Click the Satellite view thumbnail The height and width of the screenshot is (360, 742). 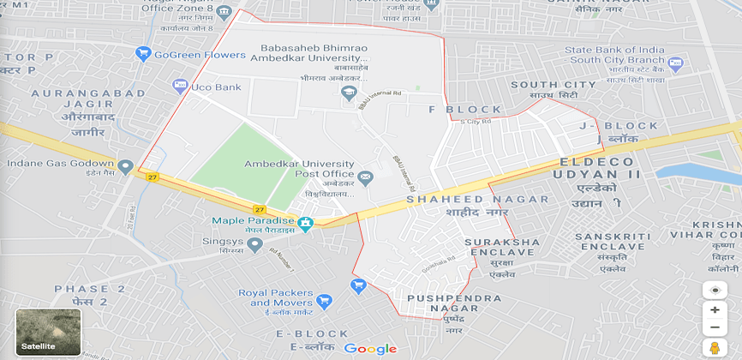[48, 333]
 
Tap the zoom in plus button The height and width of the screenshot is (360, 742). [715, 309]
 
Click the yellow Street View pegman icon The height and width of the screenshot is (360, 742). [715, 347]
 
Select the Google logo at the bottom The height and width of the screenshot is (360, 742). [371, 348]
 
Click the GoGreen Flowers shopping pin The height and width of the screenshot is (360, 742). [143, 54]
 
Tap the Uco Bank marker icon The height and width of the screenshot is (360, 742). [180, 86]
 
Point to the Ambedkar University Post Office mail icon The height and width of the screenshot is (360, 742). [366, 177]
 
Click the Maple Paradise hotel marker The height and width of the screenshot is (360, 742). [306, 223]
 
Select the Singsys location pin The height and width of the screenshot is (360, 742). [254, 245]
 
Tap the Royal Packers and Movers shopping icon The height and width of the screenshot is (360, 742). [324, 301]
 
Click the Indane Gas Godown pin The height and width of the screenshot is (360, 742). [126, 165]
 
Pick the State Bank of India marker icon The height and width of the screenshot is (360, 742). [675, 63]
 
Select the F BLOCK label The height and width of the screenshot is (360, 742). [465, 110]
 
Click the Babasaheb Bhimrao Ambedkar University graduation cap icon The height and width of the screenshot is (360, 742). [348, 93]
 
